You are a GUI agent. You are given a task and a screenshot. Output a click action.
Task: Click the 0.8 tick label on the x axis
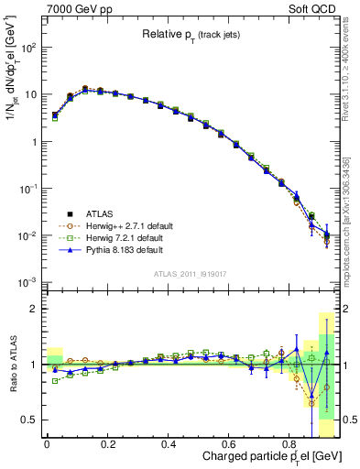click(290, 443)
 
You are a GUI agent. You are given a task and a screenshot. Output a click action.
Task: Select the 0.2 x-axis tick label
click(107, 443)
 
